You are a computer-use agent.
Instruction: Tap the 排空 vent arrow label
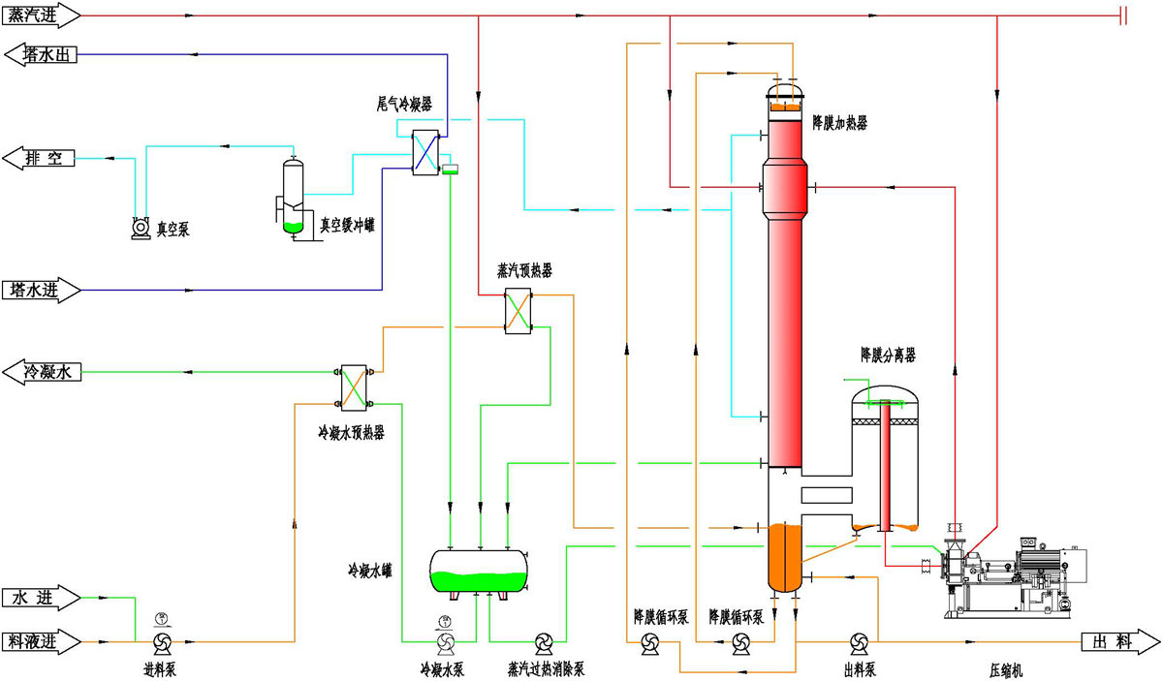pyautogui.click(x=41, y=159)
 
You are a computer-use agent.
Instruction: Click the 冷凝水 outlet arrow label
pyautogui.click(x=41, y=371)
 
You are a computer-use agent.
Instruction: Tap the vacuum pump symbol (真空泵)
pyautogui.click(x=140, y=228)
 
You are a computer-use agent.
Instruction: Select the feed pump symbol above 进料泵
pyautogui.click(x=161, y=641)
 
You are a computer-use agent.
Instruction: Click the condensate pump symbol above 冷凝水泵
pyautogui.click(x=445, y=641)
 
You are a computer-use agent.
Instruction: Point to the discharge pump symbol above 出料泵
pyautogui.click(x=858, y=641)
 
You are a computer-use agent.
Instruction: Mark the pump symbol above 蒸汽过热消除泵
pyautogui.click(x=544, y=641)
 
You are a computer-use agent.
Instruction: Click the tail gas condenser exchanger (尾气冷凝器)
pyautogui.click(x=425, y=152)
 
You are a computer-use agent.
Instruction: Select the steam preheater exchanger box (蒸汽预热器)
pyautogui.click(x=519, y=312)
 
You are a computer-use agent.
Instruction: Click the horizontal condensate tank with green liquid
pyautogui.click(x=480, y=570)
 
